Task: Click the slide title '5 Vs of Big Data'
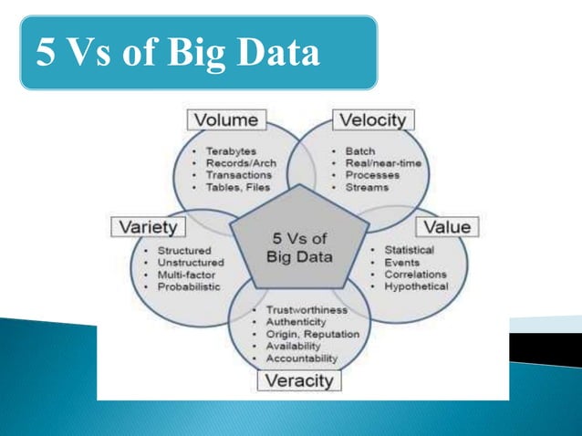[179, 53]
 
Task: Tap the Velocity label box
[372, 119]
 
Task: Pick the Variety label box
[148, 225]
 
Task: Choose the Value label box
[449, 225]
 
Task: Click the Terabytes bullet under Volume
[231, 151]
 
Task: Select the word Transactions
[239, 174]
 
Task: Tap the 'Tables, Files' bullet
[238, 187]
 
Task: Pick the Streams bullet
[367, 187]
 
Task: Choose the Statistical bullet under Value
[409, 250]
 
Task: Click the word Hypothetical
[417, 286]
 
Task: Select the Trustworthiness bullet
[307, 310]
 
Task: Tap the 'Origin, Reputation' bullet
[311, 334]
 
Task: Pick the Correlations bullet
[415, 274]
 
